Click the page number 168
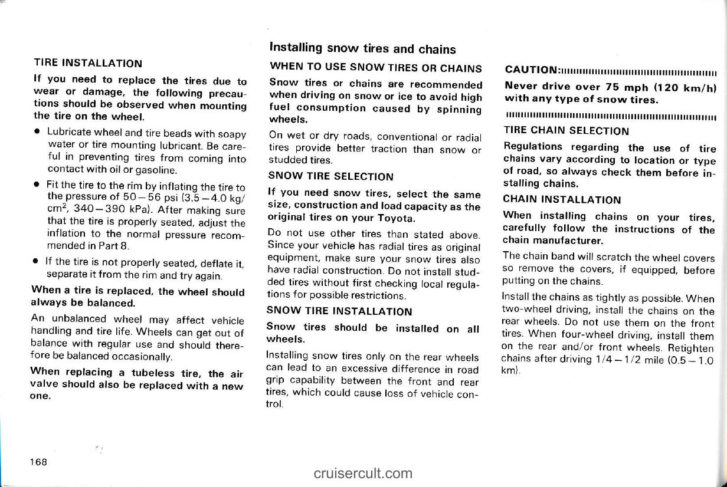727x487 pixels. click(x=40, y=460)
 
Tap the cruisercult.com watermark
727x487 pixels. click(x=363, y=473)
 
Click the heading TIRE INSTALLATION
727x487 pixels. click(x=87, y=63)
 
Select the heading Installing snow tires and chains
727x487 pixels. click(x=362, y=48)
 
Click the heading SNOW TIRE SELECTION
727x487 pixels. click(x=330, y=176)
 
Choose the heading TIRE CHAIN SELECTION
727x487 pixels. click(x=566, y=131)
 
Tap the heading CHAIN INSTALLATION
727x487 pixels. click(x=562, y=200)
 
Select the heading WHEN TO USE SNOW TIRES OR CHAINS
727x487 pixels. click(x=375, y=68)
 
